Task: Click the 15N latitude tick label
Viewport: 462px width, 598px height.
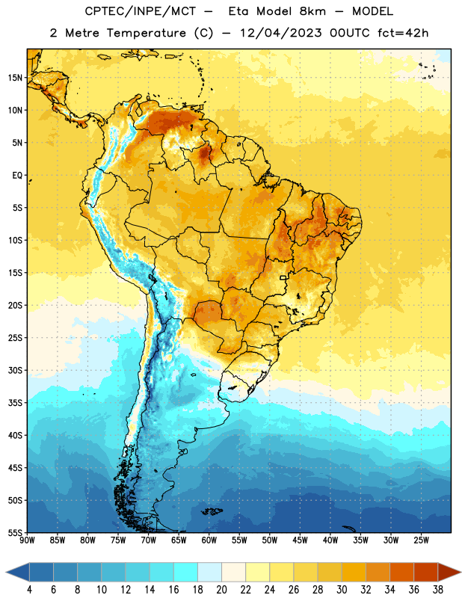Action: click(15, 78)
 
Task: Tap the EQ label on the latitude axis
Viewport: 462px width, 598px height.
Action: click(17, 176)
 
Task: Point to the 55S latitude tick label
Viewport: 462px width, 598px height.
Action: click(15, 532)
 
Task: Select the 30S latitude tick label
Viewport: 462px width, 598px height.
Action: click(15, 370)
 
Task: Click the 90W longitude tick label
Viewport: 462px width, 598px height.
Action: click(27, 540)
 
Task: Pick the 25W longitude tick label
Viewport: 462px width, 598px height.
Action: click(421, 540)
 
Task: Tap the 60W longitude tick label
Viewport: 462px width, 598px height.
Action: click(209, 540)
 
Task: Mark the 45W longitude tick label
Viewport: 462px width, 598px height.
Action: click(300, 540)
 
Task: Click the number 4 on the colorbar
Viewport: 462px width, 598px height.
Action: click(29, 590)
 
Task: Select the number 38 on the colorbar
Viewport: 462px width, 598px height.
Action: click(437, 590)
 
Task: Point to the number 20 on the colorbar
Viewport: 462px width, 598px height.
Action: click(221, 590)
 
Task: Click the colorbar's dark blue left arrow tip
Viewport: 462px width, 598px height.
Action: click(7, 573)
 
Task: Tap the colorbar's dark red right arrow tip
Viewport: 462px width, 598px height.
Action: click(461, 573)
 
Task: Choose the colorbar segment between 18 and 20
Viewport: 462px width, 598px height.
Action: click(209, 573)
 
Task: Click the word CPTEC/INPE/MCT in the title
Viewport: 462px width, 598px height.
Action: click(140, 11)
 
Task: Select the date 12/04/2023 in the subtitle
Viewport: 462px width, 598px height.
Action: click(280, 33)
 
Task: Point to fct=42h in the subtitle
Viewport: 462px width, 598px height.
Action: click(403, 33)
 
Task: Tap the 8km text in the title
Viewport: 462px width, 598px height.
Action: click(312, 11)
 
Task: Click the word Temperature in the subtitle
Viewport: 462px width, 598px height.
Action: click(146, 33)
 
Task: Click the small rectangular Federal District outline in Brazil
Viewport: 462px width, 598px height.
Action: click(283, 277)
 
